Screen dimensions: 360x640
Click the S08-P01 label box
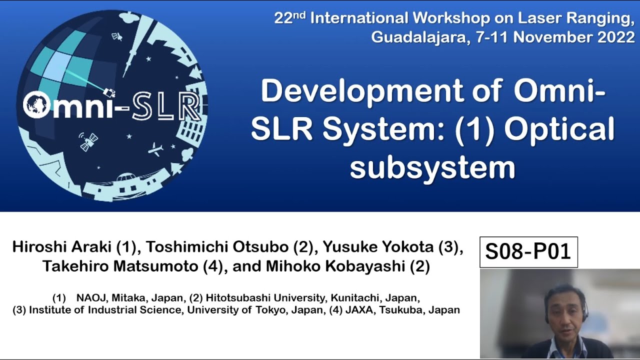pos(528,252)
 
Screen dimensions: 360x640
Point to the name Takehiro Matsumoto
pos(120,266)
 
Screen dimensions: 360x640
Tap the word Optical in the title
pos(559,129)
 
